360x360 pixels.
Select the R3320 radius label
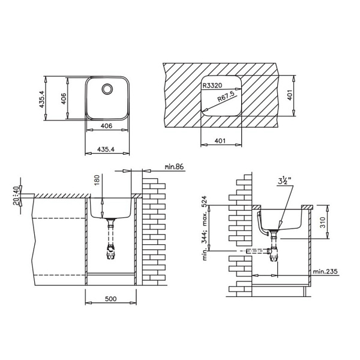212,86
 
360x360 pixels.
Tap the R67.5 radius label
226,97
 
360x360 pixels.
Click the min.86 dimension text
174,167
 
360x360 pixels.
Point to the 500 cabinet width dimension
110,299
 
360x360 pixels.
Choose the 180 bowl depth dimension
97,181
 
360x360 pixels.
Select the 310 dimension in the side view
323,222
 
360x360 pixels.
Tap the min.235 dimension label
325,272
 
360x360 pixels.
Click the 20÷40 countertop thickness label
16,196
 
